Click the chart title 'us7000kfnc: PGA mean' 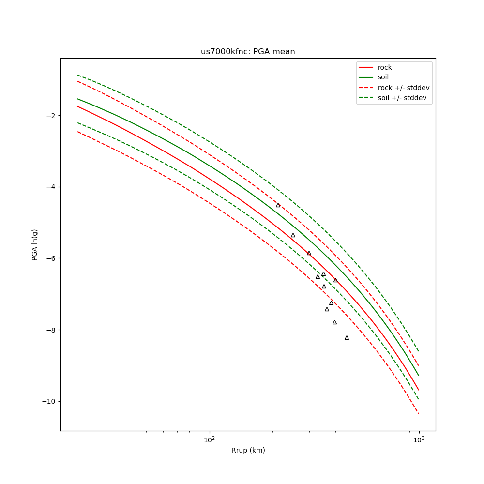click(248, 52)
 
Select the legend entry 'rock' click(385, 67)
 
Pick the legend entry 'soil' click(383, 77)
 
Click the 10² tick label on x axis click(209, 440)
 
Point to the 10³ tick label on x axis click(419, 440)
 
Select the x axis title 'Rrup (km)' click(248, 450)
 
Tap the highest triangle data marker click(278, 205)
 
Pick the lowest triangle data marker click(347, 338)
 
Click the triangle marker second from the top click(293, 235)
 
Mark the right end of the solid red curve click(419, 390)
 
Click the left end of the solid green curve click(77, 99)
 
